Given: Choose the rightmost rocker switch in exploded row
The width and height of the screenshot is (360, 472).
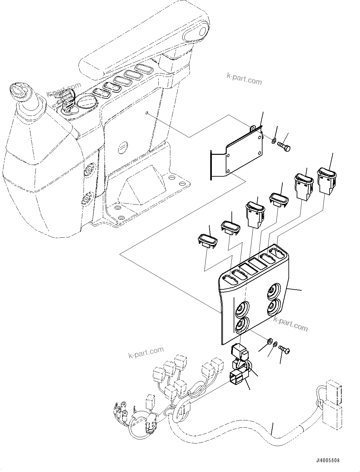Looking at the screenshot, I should (326, 180).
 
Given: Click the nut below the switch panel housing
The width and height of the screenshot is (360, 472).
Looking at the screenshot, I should (269, 341).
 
